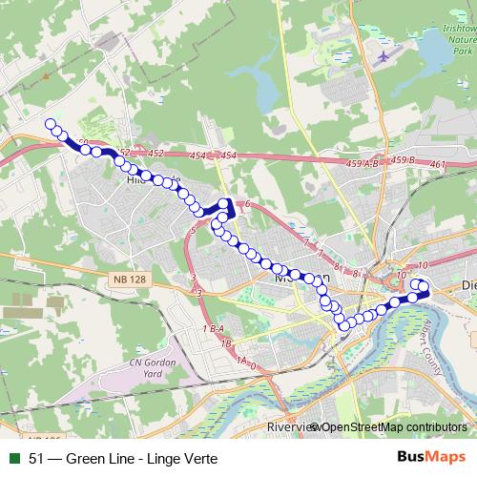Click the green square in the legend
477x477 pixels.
[x=13, y=458]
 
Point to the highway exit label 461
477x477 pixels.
[x=438, y=165]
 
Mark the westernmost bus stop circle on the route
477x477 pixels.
[x=51, y=123]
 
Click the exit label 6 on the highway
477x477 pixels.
[x=246, y=205]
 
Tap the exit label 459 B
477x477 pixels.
[x=404, y=162]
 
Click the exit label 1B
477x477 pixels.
[x=225, y=342]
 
